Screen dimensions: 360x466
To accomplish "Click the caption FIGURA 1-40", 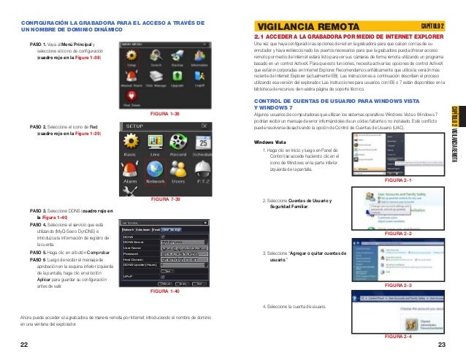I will point(164,292).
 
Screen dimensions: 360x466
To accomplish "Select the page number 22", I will point(25,344).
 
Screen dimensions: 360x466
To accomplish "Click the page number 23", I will point(441,344).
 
